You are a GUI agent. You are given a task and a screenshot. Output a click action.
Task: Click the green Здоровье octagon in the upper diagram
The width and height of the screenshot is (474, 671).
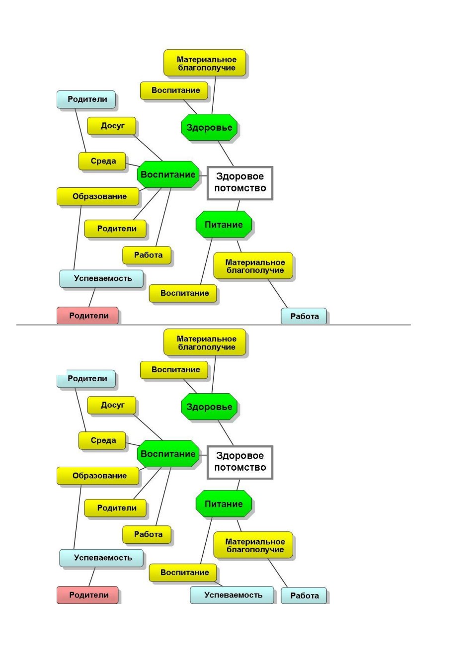pos(209,127)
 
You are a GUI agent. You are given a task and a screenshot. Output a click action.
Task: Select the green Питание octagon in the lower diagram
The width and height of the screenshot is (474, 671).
pos(224,503)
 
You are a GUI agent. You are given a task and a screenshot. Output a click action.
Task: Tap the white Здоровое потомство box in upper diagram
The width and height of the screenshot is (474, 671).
pos(240,183)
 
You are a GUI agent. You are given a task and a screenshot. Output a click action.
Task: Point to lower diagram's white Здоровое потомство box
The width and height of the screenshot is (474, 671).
pos(240,462)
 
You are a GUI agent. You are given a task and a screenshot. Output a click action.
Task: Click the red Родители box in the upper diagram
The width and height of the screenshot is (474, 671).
pos(87,315)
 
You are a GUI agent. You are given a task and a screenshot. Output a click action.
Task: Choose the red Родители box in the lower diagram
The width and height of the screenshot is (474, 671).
pos(87,594)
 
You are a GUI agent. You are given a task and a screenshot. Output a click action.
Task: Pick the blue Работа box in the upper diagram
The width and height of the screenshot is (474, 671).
pos(304,316)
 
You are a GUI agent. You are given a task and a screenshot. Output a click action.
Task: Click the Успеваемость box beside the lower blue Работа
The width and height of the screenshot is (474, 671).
pos(232,595)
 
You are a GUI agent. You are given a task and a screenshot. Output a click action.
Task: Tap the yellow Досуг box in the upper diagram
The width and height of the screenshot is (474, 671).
pos(111,126)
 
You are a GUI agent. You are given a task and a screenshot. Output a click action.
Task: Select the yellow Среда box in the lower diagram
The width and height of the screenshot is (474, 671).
pos(102,440)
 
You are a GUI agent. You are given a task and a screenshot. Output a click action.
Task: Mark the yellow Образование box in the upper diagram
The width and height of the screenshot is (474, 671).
pos(97,196)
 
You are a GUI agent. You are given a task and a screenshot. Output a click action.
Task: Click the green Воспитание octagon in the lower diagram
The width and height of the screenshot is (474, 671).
pos(168,454)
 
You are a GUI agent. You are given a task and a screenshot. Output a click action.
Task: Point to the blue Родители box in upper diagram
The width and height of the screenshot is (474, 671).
pos(86,99)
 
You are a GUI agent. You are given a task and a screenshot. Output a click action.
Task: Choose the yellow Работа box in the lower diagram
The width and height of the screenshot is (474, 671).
pos(147,534)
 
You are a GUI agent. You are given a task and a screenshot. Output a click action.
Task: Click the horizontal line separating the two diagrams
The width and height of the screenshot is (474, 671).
pos(213,325)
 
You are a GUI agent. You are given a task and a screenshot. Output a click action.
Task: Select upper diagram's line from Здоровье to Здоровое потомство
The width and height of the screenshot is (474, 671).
pos(226,154)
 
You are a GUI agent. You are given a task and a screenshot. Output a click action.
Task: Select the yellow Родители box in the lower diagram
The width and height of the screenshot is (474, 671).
pos(115,508)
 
